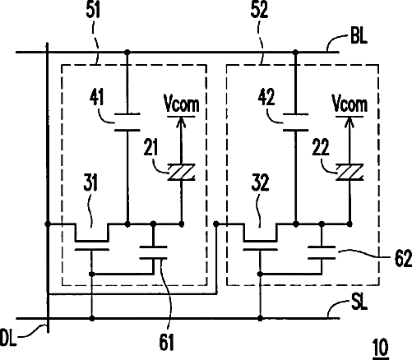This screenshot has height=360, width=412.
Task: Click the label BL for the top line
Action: [359, 35]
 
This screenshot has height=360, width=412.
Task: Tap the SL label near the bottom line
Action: [359, 302]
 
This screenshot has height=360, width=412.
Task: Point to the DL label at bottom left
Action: [8, 338]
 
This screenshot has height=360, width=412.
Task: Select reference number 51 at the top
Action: [93, 11]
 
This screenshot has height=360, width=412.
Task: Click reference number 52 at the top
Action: [259, 11]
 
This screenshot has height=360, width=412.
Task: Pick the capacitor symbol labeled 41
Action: [127, 122]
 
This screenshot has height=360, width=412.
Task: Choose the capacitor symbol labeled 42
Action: [295, 122]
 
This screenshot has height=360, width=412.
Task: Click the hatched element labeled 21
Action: [181, 173]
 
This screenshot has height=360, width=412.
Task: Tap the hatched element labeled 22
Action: [350, 173]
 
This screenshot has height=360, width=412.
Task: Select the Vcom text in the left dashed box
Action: [181, 104]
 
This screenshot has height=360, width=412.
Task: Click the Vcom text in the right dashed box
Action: [350, 104]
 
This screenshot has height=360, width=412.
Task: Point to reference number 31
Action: [90, 182]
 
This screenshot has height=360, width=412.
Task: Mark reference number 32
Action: [260, 182]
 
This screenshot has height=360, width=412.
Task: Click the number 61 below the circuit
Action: [166, 343]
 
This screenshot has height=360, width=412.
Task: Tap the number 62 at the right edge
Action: [403, 259]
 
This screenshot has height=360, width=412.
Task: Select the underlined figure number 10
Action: [381, 348]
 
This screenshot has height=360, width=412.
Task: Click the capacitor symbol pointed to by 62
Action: [322, 252]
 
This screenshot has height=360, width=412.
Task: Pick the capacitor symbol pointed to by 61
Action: [153, 252]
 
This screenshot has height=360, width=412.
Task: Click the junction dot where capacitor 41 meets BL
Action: [127, 52]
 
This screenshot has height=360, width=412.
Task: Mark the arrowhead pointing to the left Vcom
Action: [181, 122]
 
